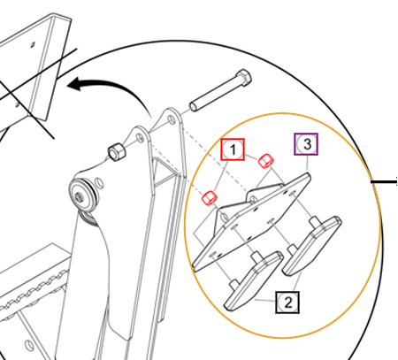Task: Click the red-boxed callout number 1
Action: tap(233, 149)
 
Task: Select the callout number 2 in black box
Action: tap(287, 303)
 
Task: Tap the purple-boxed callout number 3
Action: tap(306, 144)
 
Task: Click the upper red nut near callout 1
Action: tap(266, 161)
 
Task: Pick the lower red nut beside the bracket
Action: tap(210, 198)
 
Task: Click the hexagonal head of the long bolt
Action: tap(243, 78)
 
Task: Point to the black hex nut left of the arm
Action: tap(117, 151)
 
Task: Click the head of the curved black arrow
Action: tap(77, 84)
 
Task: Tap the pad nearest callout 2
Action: tap(253, 280)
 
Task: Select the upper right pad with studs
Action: tap(311, 245)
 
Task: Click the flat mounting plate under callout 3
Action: tap(251, 224)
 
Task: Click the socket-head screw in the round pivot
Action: tap(79, 195)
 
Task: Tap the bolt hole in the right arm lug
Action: tap(171, 119)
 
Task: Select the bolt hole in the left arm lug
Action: tap(141, 138)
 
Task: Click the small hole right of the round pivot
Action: tap(100, 183)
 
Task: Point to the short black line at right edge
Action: tap(384, 182)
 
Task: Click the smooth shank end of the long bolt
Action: tap(194, 106)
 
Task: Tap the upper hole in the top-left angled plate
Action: tap(33, 44)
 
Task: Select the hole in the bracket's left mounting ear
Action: tap(225, 218)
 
